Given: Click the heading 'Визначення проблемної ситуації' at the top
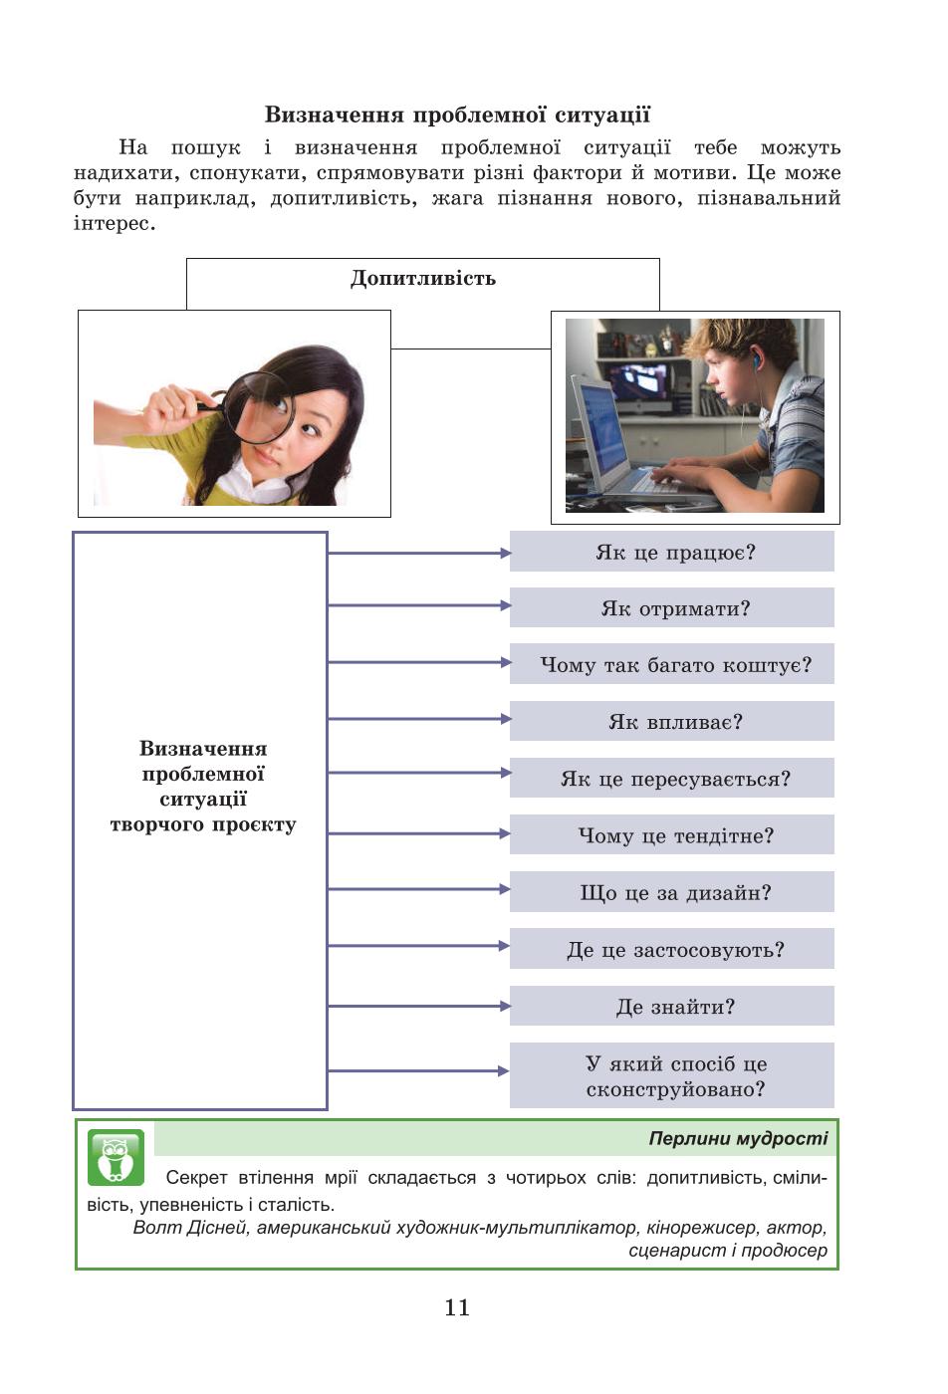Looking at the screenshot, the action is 457,116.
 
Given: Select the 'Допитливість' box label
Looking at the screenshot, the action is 422,278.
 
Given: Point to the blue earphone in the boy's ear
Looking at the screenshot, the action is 755,356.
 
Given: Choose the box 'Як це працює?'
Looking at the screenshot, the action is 671,552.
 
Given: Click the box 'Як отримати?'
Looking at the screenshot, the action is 671,607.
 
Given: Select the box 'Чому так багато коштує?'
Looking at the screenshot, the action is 671,664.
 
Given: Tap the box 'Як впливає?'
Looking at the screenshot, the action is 671,721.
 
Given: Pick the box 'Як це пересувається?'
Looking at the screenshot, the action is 671,778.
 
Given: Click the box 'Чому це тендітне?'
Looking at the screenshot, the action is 671,834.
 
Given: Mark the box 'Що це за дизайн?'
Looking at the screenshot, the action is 671,892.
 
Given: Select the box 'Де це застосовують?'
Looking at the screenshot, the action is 671,948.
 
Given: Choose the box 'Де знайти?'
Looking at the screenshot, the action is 671,1006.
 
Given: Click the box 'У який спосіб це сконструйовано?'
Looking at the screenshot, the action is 671,1075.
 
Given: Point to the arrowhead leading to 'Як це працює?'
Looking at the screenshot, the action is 506,553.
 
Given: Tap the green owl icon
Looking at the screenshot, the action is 116,1157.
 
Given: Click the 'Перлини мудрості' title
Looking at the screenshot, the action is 738,1138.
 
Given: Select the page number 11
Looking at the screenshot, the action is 457,1306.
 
